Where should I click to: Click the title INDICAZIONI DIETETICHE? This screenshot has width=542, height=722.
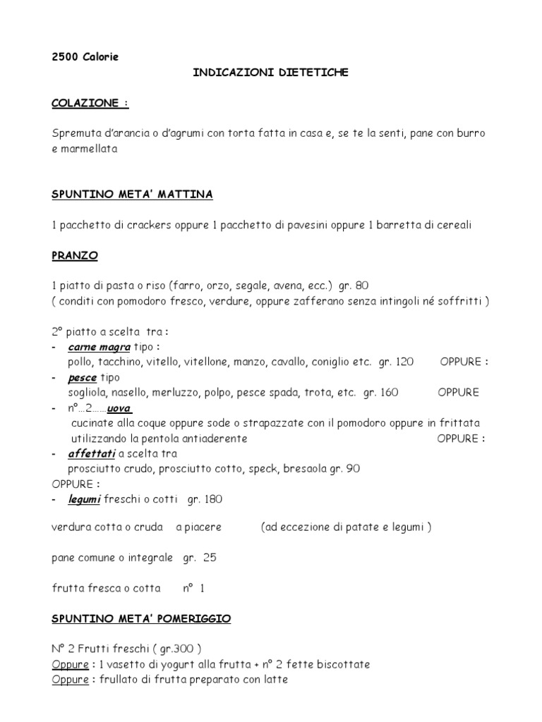coord(271,73)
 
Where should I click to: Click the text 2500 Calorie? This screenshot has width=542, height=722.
coord(85,57)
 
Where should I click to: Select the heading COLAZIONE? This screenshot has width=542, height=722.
coord(90,103)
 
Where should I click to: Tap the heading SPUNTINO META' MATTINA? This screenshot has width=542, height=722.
coord(132,194)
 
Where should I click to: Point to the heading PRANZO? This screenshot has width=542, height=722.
coord(75,255)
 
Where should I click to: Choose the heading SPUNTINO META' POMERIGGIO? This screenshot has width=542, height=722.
coord(141,619)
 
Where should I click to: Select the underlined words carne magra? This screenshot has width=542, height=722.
coord(99,347)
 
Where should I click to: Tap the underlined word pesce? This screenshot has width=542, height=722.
coord(83,377)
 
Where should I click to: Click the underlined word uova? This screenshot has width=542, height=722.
coord(119,408)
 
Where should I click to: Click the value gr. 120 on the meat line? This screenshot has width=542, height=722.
coord(396,362)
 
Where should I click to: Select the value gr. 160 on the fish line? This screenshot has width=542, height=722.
coord(381,393)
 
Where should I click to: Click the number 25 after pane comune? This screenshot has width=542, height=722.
coord(210,557)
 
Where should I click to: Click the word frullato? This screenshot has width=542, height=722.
coord(116,680)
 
